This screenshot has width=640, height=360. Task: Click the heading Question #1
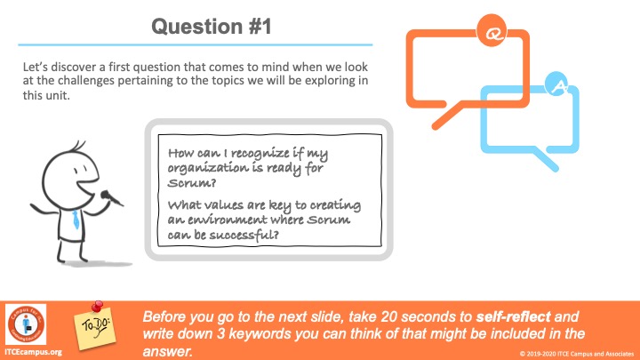pyautogui.click(x=211, y=27)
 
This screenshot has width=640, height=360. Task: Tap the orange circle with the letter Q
pyautogui.click(x=492, y=30)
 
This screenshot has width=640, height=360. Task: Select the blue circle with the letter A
pyautogui.click(x=556, y=84)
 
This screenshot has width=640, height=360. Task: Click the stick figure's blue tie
pyautogui.click(x=76, y=220)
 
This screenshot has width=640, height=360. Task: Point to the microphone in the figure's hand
pyautogui.click(x=111, y=197)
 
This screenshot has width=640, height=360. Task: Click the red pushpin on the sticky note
pyautogui.click(x=96, y=307)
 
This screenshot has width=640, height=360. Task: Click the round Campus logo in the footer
pyautogui.click(x=26, y=324)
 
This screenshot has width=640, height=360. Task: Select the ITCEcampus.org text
pyautogui.click(x=34, y=352)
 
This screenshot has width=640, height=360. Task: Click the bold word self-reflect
pyautogui.click(x=513, y=316)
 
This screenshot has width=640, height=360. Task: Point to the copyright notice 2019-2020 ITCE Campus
pyautogui.click(x=576, y=354)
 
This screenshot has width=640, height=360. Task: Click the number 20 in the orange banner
pyautogui.click(x=390, y=316)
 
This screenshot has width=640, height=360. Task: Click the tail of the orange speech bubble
pyautogui.click(x=447, y=116)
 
